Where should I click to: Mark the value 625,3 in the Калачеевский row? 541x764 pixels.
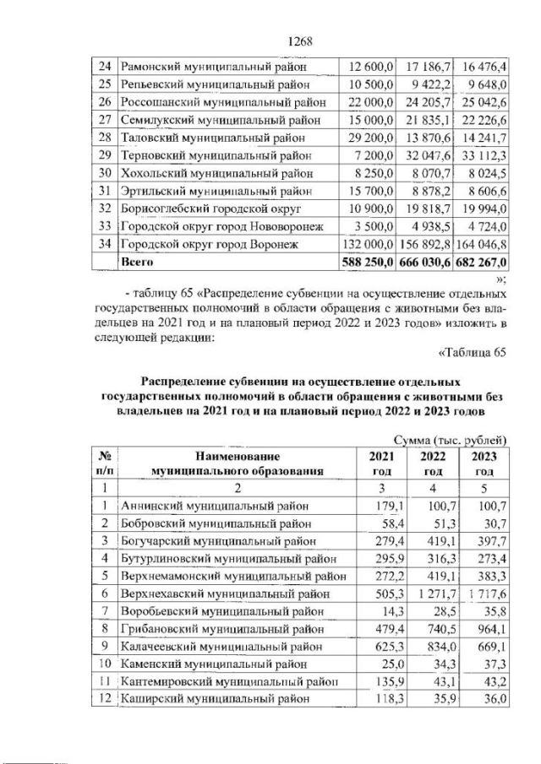point(385,646)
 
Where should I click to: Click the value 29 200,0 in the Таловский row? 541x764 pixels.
point(370,138)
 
